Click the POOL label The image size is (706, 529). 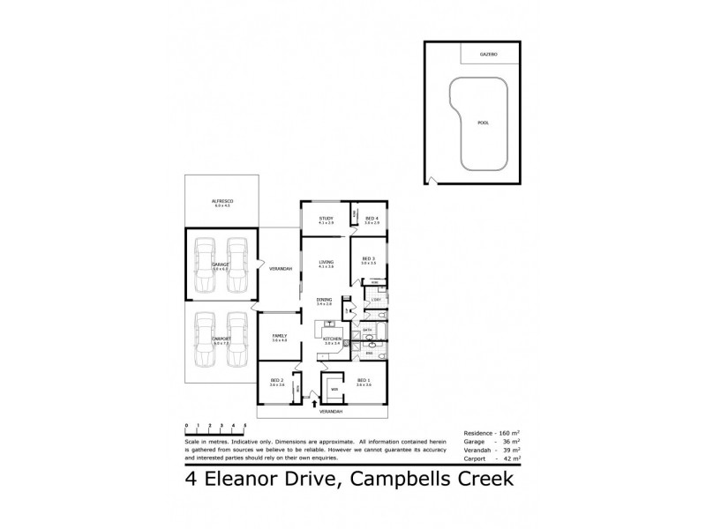click(x=482, y=123)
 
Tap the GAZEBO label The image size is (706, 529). click(x=489, y=55)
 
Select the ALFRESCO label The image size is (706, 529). click(x=221, y=202)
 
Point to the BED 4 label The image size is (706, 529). click(x=372, y=218)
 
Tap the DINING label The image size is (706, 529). click(x=324, y=301)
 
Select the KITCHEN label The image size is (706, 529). click(x=332, y=339)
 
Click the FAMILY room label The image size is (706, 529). click(x=280, y=336)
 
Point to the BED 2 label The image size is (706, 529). click(x=276, y=380)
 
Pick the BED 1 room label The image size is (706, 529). click(x=364, y=380)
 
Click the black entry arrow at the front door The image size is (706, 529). click(x=314, y=403)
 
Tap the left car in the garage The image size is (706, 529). click(x=204, y=264)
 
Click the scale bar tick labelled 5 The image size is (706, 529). click(x=244, y=427)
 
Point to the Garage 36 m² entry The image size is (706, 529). click(x=491, y=442)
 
